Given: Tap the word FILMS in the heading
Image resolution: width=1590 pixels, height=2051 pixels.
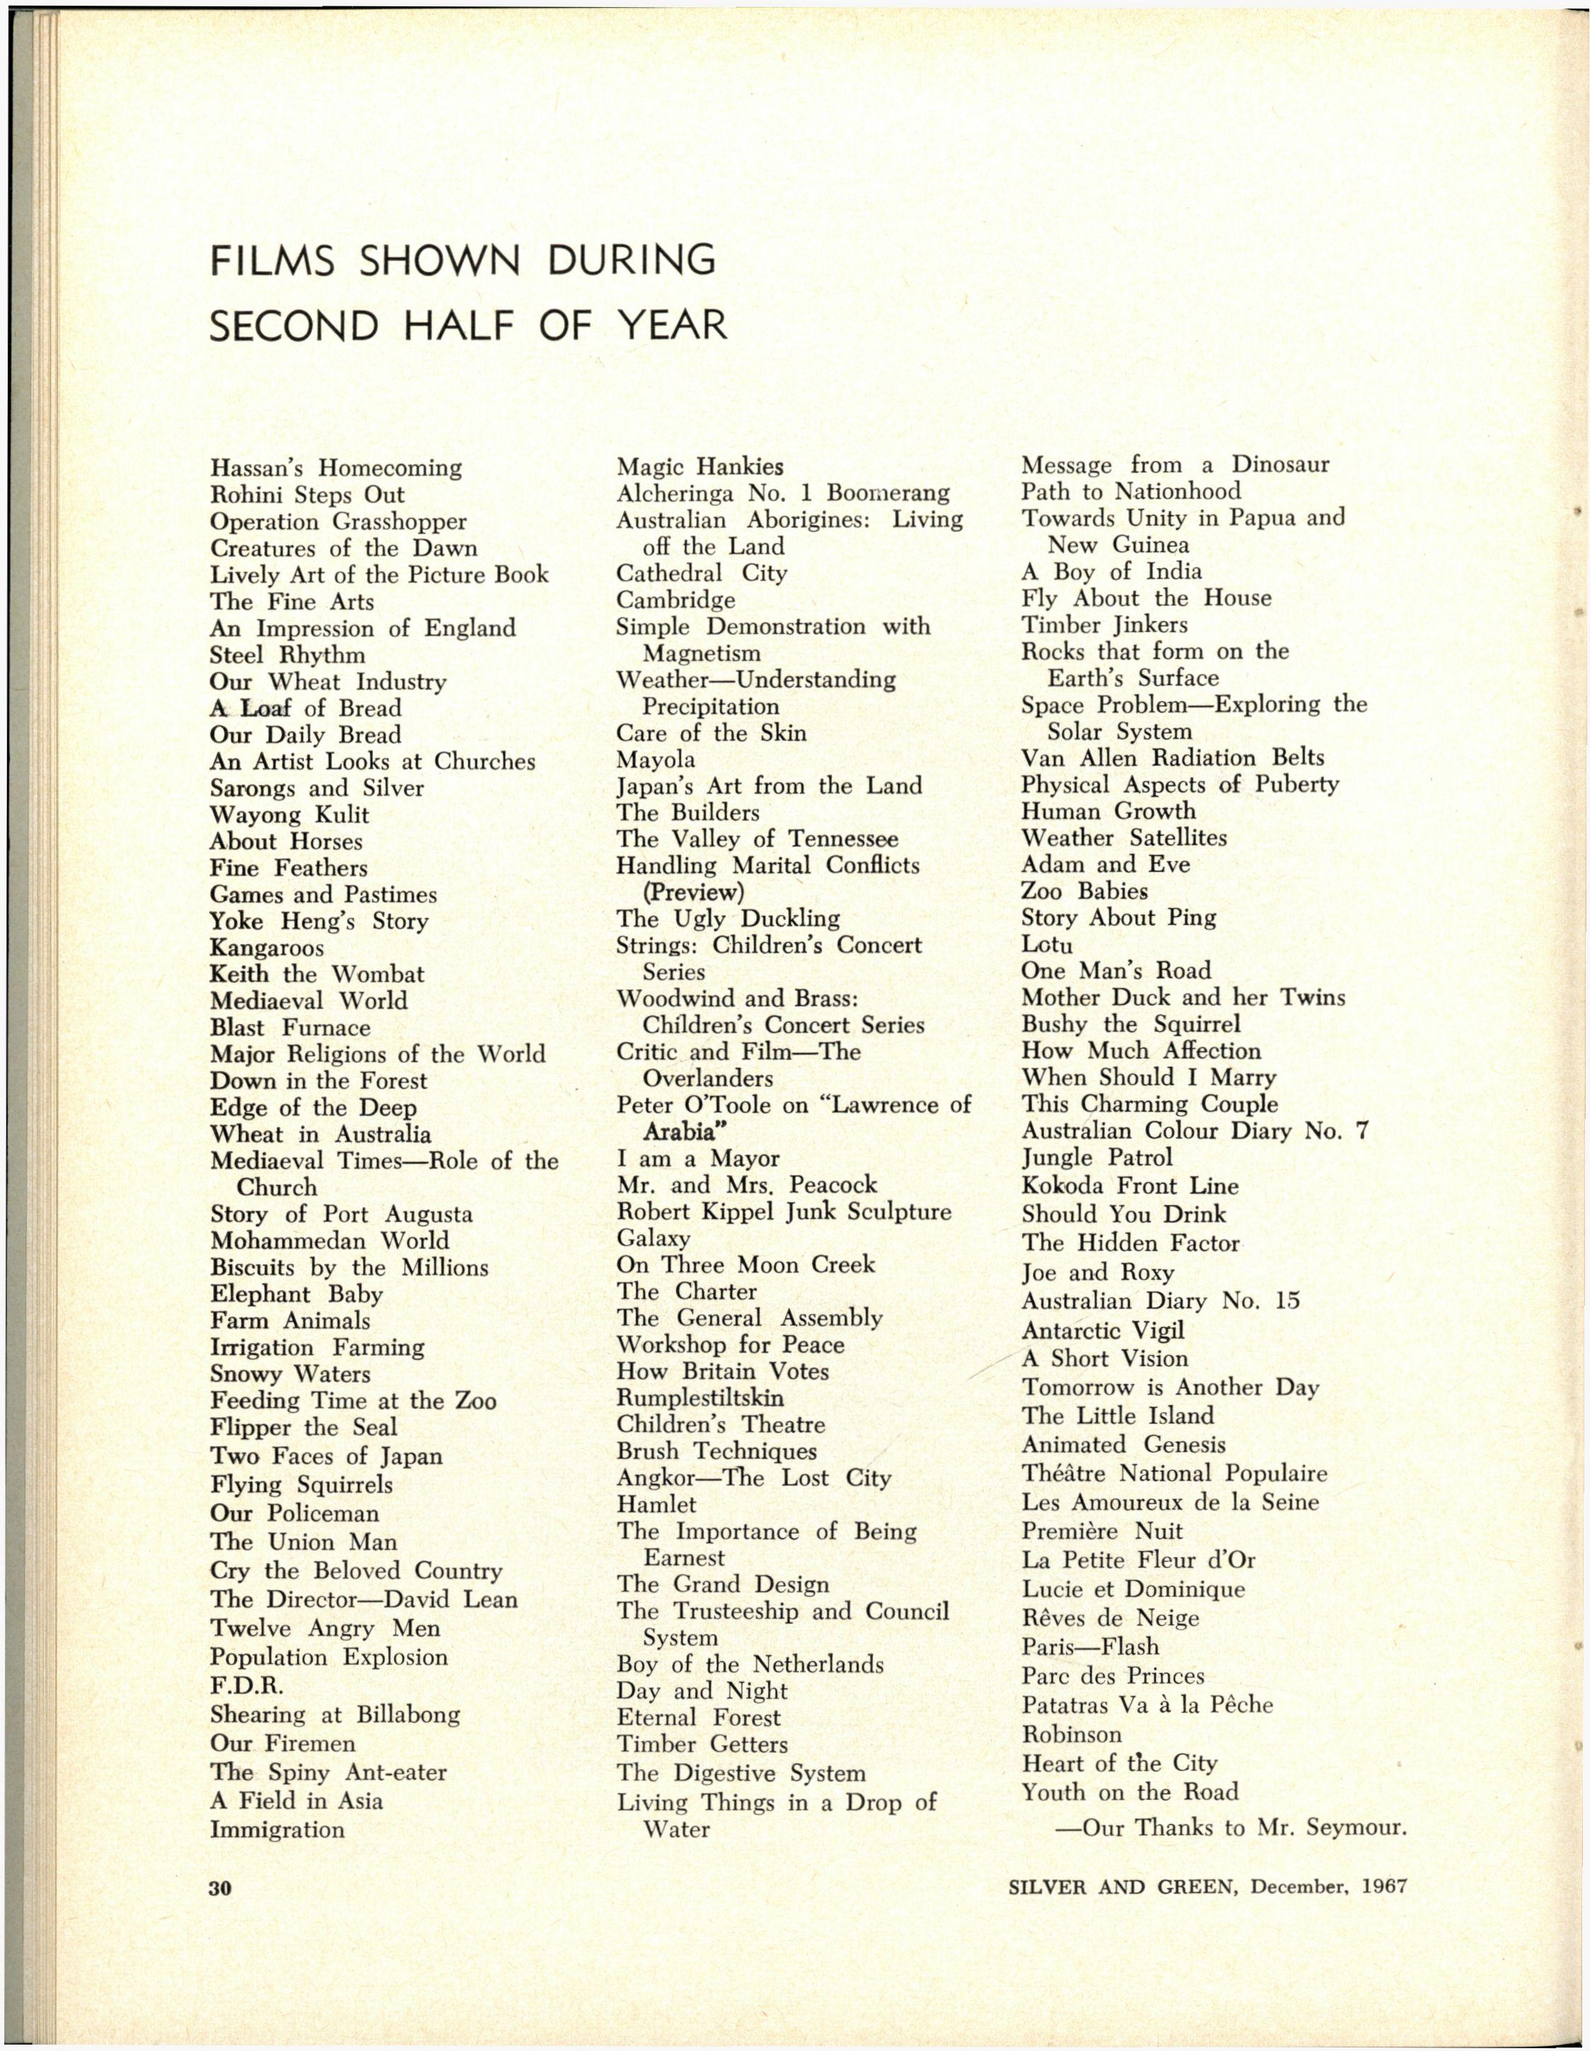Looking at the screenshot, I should click(272, 260).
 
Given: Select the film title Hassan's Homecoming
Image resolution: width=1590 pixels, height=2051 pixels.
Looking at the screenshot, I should click(335, 467).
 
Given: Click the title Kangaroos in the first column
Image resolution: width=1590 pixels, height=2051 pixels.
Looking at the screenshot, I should click(267, 948).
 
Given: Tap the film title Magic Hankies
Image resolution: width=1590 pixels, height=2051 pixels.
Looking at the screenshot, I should click(700, 466).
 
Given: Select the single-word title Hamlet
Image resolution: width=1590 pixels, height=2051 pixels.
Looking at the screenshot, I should click(656, 1504).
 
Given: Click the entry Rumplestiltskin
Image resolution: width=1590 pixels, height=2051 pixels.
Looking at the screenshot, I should click(700, 1398).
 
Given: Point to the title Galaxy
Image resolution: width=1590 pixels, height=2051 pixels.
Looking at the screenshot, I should click(654, 1238).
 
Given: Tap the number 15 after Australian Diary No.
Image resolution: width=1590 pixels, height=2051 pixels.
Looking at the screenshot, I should click(1287, 1301).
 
